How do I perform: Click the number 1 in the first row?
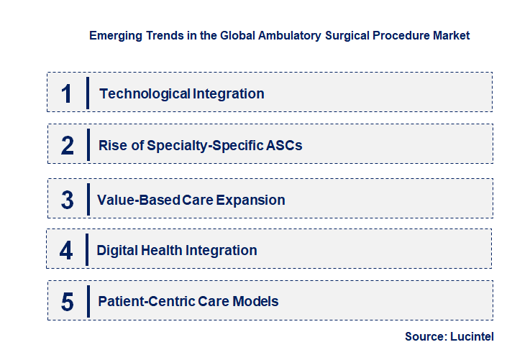pos(66,93)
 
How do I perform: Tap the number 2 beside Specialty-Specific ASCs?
pos(67,145)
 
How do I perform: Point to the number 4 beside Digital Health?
pos(66,251)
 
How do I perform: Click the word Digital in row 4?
pos(116,251)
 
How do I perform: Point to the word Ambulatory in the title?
pos(266,35)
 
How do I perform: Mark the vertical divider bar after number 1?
pos(87,93)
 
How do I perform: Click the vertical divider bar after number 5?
pos(87,301)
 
